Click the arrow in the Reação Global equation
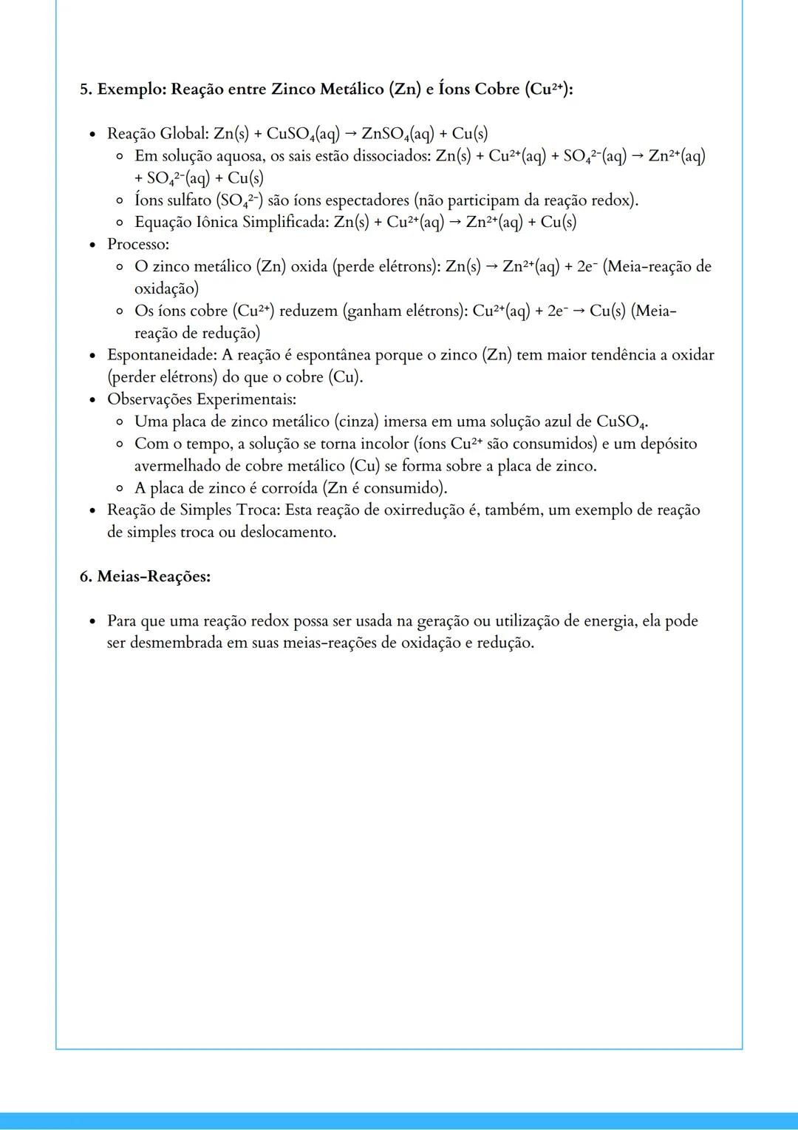click(x=350, y=134)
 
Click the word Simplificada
click(x=285, y=223)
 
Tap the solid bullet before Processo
click(x=92, y=245)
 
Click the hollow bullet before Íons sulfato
click(x=120, y=200)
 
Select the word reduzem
click(x=308, y=311)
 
